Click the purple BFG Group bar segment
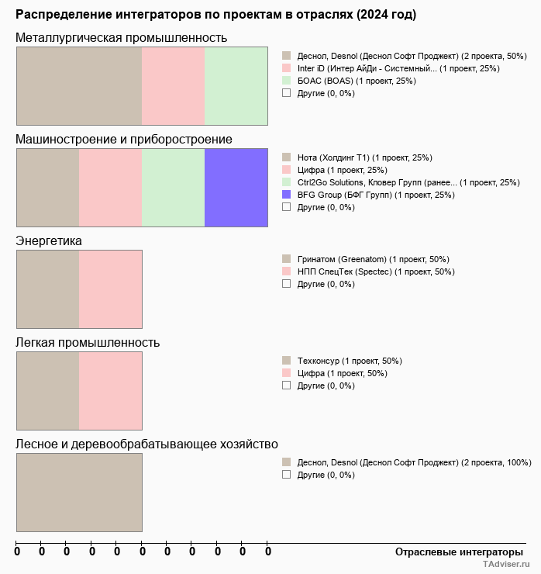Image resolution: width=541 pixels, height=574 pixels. pos(236,188)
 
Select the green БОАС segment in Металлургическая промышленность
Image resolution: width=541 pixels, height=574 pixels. pos(236,86)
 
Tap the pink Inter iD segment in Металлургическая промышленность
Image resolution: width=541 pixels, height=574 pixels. pos(173,86)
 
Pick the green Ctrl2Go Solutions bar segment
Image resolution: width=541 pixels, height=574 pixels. pos(173,188)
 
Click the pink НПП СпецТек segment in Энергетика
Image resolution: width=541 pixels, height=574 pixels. pos(110,289)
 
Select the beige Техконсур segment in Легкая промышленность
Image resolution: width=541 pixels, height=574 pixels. pos(47,390)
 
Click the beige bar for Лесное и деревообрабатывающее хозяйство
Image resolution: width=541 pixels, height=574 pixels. pos(79,492)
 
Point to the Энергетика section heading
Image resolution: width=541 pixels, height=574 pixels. pos(49,241)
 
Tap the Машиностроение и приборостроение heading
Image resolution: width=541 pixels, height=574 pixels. pos(124,140)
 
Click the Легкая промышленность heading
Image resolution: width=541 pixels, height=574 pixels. pos(88,343)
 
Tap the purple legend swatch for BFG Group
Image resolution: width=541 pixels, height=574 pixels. pos(286,195)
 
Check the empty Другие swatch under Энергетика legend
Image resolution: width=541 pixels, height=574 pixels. pos(286,284)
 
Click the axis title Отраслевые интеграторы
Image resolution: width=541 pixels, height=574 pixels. pos(454,552)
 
